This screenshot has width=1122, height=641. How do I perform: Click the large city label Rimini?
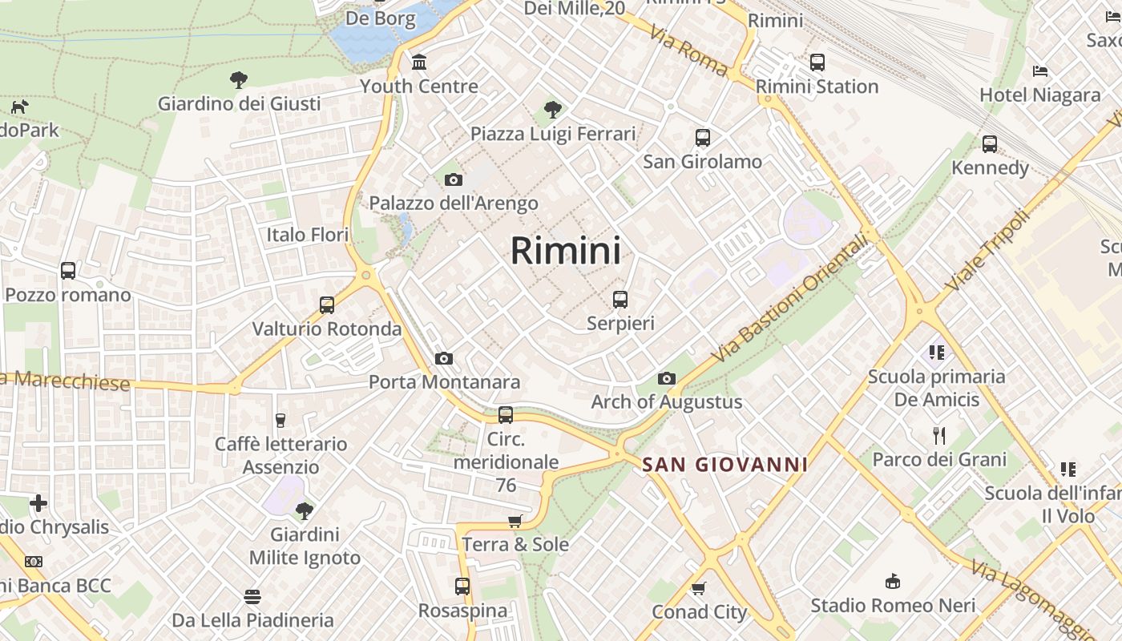click(565, 251)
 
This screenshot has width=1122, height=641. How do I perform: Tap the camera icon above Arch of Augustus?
click(667, 378)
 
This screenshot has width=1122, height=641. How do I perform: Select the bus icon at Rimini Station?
click(817, 62)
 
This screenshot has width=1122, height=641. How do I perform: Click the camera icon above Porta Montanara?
click(444, 358)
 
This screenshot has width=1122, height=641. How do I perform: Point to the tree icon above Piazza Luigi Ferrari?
click(552, 109)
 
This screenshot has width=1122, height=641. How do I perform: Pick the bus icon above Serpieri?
click(620, 300)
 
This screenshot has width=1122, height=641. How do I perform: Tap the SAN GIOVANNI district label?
click(724, 465)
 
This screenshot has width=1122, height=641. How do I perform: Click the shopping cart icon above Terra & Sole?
click(515, 521)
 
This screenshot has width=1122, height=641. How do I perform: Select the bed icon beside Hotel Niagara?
click(1040, 71)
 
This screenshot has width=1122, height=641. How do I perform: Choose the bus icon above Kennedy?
click(990, 144)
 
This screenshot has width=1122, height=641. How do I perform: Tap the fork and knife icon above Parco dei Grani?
click(939, 436)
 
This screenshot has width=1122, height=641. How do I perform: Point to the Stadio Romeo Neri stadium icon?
click(893, 581)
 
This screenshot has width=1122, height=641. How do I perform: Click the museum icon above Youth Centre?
click(419, 62)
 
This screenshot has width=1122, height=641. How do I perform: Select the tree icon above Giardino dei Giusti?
click(238, 79)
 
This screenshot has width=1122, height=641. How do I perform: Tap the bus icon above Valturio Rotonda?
click(327, 305)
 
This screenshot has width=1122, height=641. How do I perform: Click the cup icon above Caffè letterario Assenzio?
click(280, 420)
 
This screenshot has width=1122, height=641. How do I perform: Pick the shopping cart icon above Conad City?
click(699, 588)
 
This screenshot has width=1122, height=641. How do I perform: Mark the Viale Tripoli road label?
click(987, 251)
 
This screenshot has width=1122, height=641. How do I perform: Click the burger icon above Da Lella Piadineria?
click(252, 596)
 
